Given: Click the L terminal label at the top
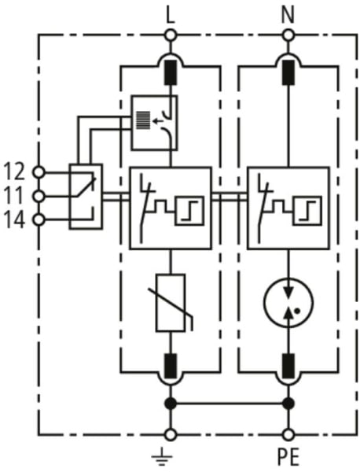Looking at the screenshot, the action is click(x=171, y=16).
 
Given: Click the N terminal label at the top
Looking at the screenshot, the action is click(x=288, y=16).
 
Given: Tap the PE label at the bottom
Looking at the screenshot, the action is click(x=288, y=457).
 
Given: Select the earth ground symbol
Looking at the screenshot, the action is click(x=162, y=455).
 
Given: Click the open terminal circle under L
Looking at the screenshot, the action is click(x=171, y=35).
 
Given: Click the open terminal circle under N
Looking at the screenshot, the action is click(x=288, y=35).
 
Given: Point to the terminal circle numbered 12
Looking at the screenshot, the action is click(x=39, y=172).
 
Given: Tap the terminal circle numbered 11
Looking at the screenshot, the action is click(x=39, y=197).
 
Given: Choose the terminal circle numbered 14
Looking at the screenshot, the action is click(x=39, y=219).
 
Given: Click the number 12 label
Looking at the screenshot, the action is click(x=14, y=171).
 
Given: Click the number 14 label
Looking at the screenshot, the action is click(x=14, y=220).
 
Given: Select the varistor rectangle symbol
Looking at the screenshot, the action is click(x=171, y=303).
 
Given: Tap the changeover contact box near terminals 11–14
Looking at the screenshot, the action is click(x=86, y=197).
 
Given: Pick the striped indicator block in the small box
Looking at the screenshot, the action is click(x=143, y=120).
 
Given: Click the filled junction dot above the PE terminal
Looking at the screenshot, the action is click(x=288, y=404).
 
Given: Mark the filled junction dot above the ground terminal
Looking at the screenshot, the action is click(x=171, y=404).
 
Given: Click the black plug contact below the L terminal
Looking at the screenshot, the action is click(x=171, y=73).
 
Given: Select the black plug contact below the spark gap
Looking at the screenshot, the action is click(x=288, y=366).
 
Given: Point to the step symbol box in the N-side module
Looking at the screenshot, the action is click(x=307, y=210).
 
